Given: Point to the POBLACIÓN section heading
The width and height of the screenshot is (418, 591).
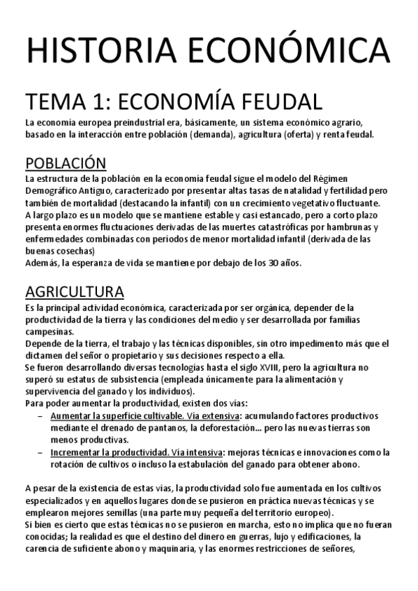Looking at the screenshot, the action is coord(66,163).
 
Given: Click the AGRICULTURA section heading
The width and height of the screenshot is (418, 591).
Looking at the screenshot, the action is coord(75,291).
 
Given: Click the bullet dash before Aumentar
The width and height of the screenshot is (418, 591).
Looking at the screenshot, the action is coord(42,415).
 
